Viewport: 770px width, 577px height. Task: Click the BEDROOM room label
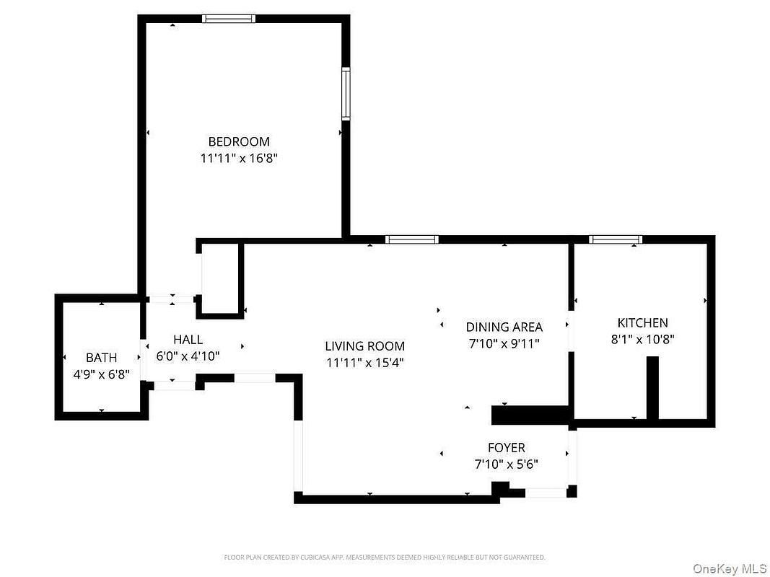pyautogui.click(x=239, y=142)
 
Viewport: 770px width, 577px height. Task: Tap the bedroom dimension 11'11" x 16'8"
pyautogui.click(x=239, y=159)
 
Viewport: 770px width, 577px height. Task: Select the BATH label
pyautogui.click(x=102, y=358)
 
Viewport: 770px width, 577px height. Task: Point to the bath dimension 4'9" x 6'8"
pyautogui.click(x=102, y=375)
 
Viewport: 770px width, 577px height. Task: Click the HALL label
pyautogui.click(x=188, y=340)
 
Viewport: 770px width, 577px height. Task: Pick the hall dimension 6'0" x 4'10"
pyautogui.click(x=188, y=356)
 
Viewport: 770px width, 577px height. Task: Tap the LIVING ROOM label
pyautogui.click(x=365, y=346)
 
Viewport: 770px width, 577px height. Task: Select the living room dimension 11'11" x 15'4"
pyautogui.click(x=365, y=363)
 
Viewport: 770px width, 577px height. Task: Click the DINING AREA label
pyautogui.click(x=504, y=327)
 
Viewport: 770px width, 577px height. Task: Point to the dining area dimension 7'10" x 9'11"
pyautogui.click(x=504, y=343)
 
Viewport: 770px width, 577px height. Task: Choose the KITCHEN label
pyautogui.click(x=643, y=323)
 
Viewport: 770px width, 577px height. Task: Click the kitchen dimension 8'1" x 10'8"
pyautogui.click(x=643, y=339)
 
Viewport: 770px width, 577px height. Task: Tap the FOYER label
pyautogui.click(x=507, y=447)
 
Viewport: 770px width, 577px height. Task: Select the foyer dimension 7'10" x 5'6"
pyautogui.click(x=507, y=464)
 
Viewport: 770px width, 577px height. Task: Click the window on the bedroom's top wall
pyautogui.click(x=229, y=19)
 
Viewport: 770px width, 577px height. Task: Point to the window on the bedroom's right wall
pyautogui.click(x=346, y=93)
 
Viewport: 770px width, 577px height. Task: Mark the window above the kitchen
pyautogui.click(x=616, y=239)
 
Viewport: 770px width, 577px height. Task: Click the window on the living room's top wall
pyautogui.click(x=412, y=239)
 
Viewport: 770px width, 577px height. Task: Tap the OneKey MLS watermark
pyautogui.click(x=730, y=568)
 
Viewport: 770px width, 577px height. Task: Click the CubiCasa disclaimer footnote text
pyautogui.click(x=385, y=557)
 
